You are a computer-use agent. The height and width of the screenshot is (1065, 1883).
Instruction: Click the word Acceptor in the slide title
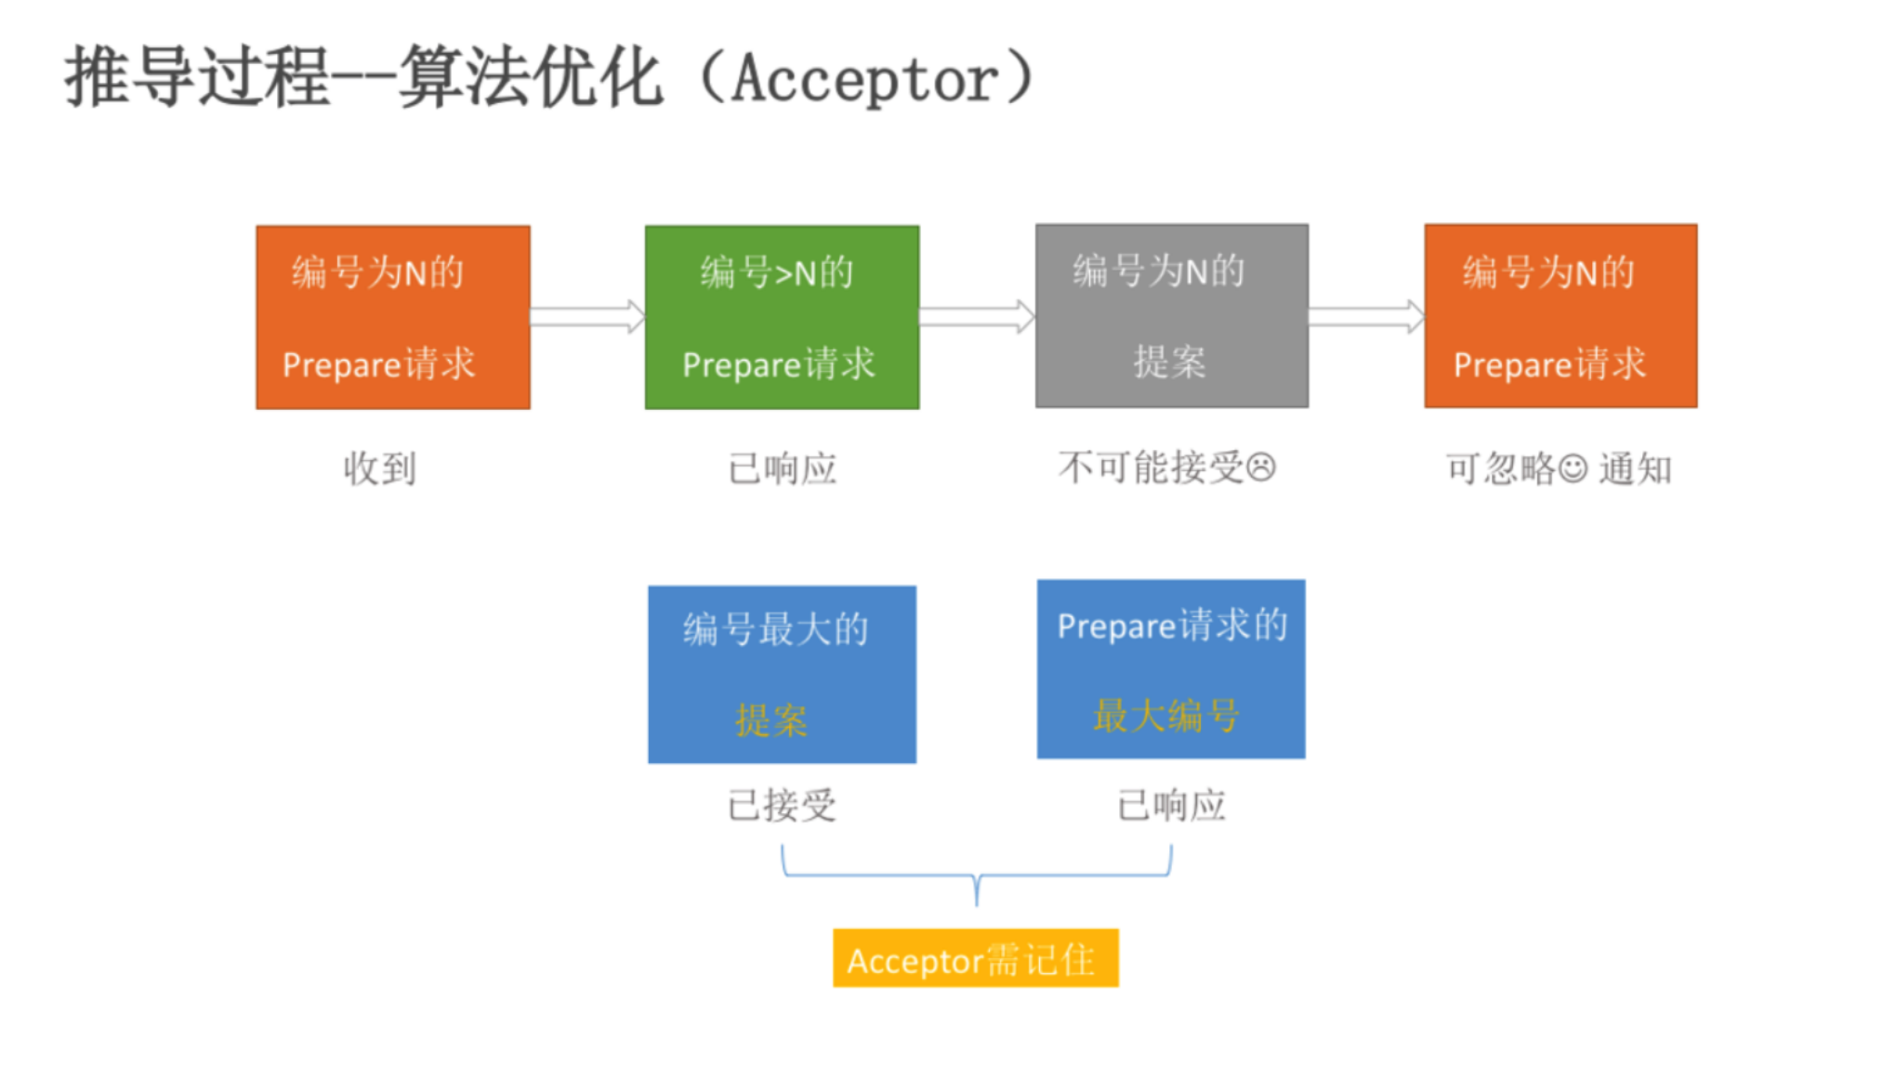click(x=865, y=79)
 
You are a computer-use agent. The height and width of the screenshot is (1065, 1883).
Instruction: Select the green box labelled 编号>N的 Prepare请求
click(x=782, y=317)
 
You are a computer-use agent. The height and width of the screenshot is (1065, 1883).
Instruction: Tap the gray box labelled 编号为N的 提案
click(x=1171, y=316)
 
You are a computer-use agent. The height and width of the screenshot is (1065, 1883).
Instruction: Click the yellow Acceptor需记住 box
click(x=975, y=958)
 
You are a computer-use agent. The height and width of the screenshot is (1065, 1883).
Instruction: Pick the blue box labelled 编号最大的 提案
click(x=782, y=674)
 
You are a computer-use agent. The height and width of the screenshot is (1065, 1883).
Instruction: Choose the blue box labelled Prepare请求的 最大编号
click(x=1170, y=669)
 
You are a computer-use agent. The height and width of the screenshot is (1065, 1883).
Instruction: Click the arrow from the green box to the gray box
click(x=977, y=317)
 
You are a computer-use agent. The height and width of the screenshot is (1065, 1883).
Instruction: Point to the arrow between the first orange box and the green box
click(x=587, y=317)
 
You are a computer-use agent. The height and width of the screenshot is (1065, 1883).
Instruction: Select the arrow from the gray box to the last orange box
click(x=1366, y=317)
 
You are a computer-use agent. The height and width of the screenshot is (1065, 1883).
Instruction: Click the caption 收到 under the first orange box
click(x=379, y=468)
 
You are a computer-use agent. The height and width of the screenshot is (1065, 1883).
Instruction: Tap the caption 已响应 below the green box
click(x=782, y=468)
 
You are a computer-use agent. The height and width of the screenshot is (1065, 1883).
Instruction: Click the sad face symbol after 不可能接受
click(x=1260, y=467)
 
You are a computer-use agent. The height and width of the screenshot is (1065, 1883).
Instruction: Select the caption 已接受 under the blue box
click(x=782, y=805)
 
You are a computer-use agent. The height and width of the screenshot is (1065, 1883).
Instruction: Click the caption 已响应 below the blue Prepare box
click(x=1170, y=805)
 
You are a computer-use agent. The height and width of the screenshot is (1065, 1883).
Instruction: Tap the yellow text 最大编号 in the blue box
click(x=1165, y=716)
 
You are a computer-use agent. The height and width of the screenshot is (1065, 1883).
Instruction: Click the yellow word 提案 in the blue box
click(x=771, y=720)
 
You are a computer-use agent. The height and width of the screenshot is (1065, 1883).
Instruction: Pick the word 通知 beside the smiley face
click(x=1635, y=469)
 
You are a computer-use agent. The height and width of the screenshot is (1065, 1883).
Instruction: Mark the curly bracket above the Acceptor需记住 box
click(x=976, y=876)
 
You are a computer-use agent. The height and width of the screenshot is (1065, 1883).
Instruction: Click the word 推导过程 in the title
click(x=196, y=77)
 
